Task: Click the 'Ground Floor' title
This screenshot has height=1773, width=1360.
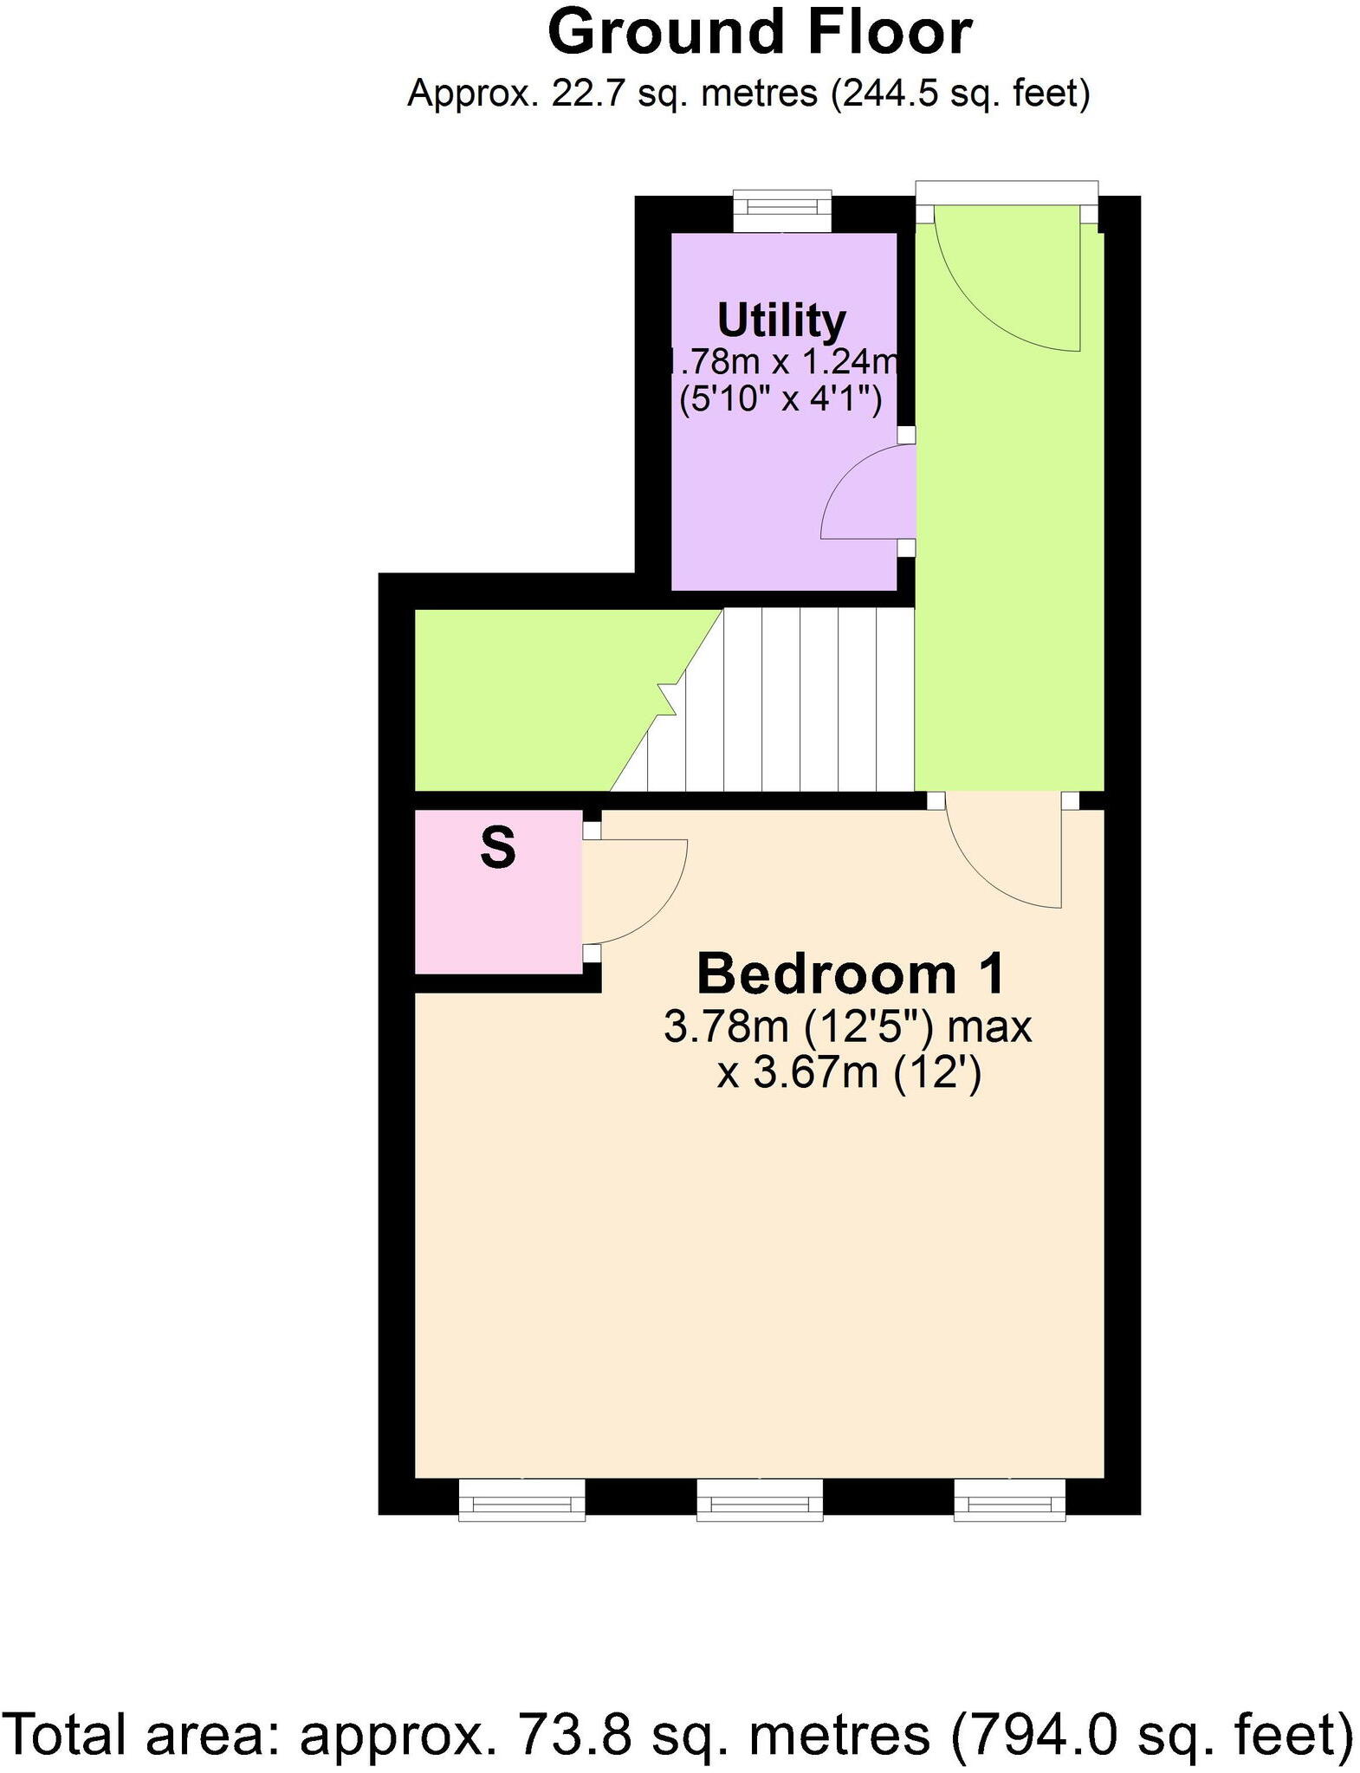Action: click(759, 33)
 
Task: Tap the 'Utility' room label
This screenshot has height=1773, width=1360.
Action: click(781, 320)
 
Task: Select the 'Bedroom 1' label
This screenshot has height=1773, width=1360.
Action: click(851, 973)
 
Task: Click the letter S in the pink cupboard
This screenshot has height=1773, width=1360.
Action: click(498, 848)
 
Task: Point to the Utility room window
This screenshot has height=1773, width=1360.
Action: click(782, 210)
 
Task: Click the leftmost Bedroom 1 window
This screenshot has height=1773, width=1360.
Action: click(521, 1499)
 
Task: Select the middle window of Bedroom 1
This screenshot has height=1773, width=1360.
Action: click(760, 1499)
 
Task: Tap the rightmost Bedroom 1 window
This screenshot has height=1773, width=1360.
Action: click(1009, 1499)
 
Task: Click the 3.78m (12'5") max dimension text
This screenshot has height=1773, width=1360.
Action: click(847, 1028)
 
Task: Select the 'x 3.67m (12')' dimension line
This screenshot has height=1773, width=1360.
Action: click(849, 1075)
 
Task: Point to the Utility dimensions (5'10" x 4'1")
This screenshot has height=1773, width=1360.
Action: click(780, 400)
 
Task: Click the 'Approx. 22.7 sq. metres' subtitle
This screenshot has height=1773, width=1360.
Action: click(748, 93)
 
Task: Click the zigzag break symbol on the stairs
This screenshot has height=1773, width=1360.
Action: click(667, 698)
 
